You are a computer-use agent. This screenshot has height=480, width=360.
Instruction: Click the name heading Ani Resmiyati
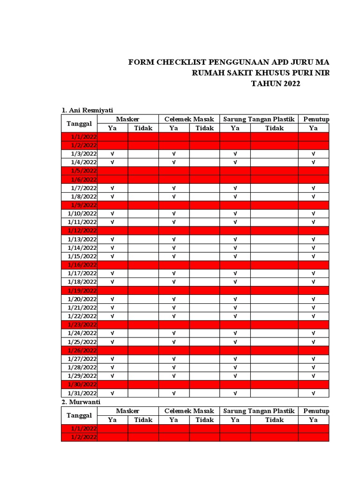tap(88, 110)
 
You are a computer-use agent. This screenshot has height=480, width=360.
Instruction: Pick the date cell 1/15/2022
tap(82, 256)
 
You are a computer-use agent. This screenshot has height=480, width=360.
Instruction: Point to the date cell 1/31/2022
tap(82, 393)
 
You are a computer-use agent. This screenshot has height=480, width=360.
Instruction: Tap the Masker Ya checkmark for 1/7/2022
tap(112, 188)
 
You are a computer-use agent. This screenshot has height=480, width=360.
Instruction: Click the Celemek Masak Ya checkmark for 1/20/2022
tap(174, 299)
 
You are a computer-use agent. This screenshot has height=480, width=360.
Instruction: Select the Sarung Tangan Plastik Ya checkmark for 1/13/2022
tap(235, 239)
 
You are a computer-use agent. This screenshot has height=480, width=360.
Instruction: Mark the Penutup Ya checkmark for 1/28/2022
tap(313, 367)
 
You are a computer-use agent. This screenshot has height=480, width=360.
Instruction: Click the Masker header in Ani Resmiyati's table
tap(127, 120)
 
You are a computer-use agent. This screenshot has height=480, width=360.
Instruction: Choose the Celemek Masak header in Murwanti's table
tap(189, 411)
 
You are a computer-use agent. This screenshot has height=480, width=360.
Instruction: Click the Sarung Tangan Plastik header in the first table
tap(259, 120)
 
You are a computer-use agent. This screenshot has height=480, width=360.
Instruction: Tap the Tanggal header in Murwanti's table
tap(79, 415)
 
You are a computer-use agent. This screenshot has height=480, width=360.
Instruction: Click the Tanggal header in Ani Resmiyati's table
tap(79, 124)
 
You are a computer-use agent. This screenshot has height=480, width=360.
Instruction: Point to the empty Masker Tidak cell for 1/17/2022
tap(143, 273)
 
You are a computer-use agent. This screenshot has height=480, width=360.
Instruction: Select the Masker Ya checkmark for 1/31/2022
tap(112, 393)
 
